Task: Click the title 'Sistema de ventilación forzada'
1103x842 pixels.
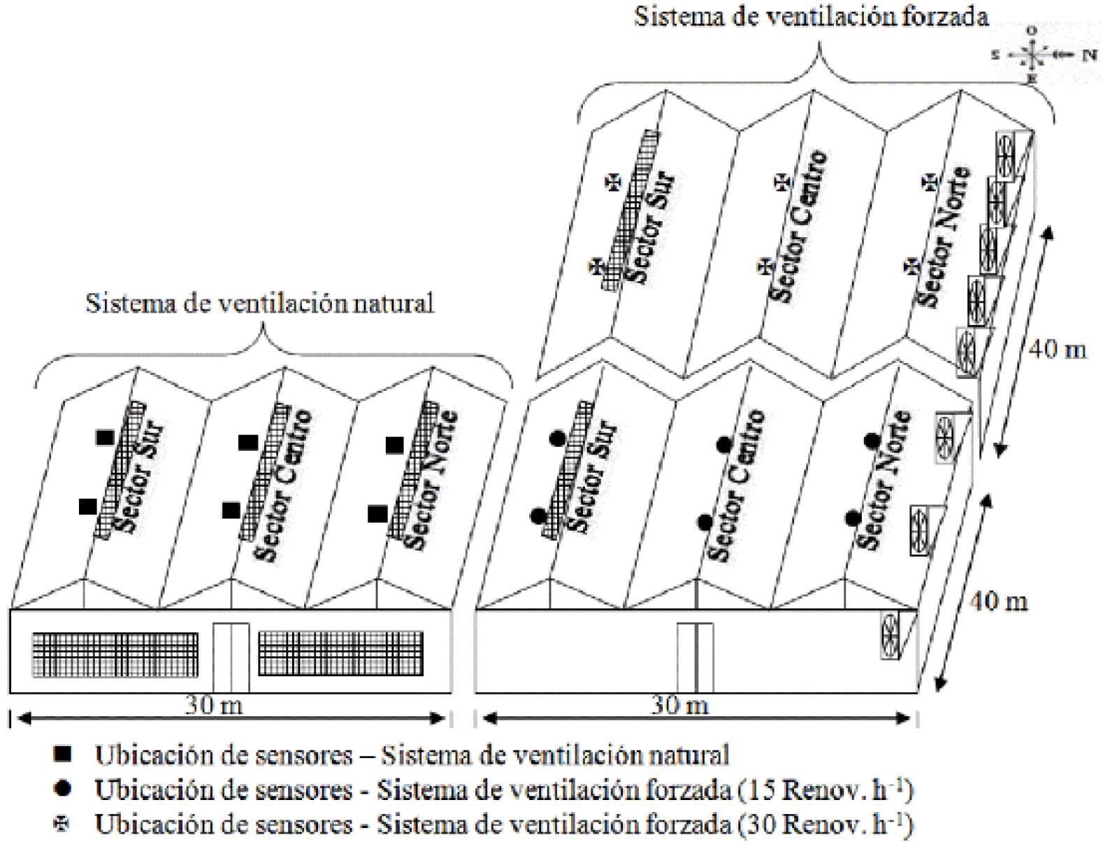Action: tap(811, 15)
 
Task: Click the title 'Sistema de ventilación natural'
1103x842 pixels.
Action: tap(259, 304)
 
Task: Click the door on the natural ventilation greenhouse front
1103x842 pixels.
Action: tap(231, 657)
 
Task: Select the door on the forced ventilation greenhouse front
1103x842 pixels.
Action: tap(695, 657)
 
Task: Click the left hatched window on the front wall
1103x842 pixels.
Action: tap(115, 654)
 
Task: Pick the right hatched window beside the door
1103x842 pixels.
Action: tap(340, 654)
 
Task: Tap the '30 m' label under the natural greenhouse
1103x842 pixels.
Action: tap(213, 705)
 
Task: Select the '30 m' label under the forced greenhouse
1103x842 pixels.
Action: tap(679, 705)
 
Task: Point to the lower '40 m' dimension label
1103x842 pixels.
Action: tap(998, 600)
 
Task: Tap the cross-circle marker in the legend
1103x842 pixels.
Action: tap(64, 825)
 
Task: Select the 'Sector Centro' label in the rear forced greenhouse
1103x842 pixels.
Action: tap(800, 225)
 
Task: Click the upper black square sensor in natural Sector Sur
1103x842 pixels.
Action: tap(105, 438)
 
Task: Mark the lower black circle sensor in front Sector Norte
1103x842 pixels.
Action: tap(853, 519)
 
